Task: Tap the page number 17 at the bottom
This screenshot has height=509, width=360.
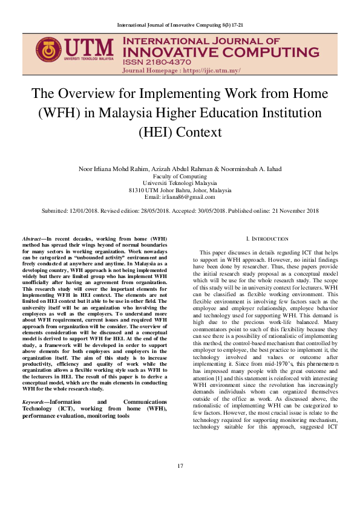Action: (x=180, y=482)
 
